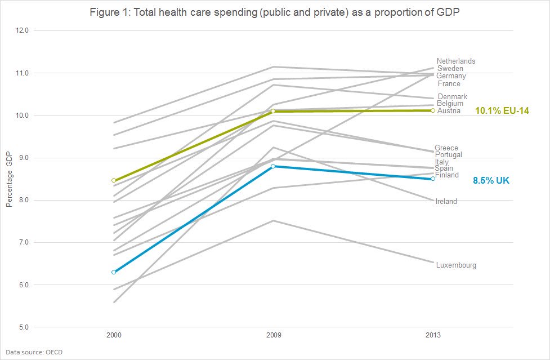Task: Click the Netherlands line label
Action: coord(456,61)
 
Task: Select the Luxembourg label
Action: coord(456,265)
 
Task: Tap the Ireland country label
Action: coord(446,201)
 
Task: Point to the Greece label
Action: coord(446,148)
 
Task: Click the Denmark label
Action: coord(453,97)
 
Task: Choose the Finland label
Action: coord(447,175)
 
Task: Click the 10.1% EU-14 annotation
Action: coord(502,110)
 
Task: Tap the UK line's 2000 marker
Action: coord(114,272)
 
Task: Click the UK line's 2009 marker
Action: coord(273,166)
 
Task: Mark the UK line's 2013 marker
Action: coord(433,179)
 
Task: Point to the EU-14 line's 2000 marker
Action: coord(114,180)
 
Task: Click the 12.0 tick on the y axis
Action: coord(23,30)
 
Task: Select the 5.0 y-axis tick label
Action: coord(23,327)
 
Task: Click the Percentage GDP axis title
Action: coord(9,179)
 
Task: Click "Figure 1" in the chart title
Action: coord(109,13)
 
